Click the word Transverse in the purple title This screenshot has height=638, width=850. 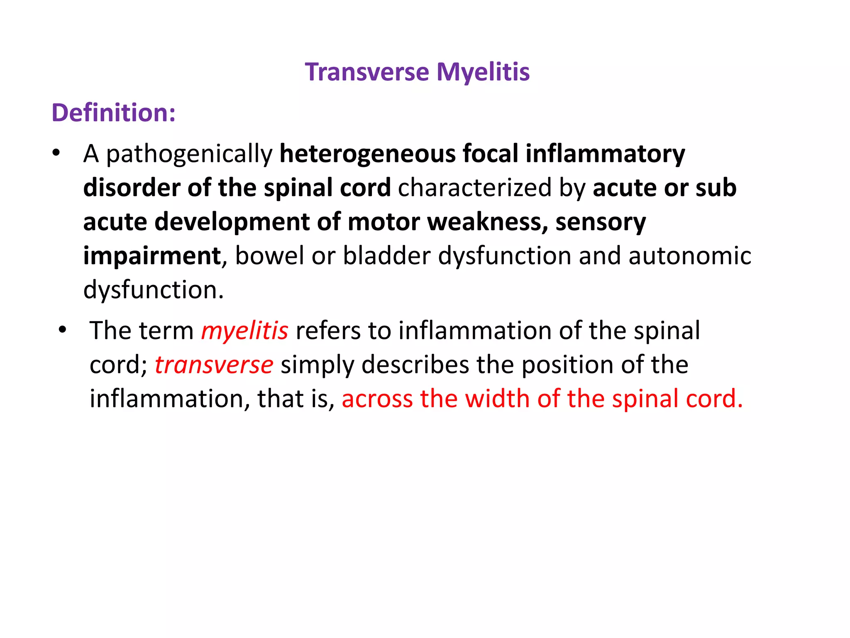367,72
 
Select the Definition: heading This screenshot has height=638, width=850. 114,113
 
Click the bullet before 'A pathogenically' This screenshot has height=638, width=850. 56,153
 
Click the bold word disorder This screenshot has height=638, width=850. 132,187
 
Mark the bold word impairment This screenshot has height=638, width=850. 152,256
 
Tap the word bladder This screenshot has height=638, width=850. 387,255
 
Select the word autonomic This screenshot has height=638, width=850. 689,255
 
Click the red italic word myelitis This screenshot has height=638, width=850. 244,331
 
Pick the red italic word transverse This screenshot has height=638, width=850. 214,365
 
